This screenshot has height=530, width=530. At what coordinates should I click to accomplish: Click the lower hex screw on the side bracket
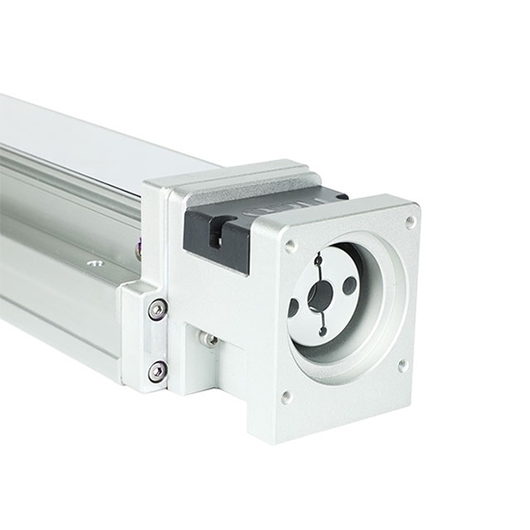157,370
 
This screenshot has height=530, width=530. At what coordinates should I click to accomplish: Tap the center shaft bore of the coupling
321,296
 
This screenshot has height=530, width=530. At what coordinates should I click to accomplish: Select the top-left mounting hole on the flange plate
290,246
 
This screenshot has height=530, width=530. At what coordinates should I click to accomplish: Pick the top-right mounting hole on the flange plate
410,221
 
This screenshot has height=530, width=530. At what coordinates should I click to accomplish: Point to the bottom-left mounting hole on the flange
286,395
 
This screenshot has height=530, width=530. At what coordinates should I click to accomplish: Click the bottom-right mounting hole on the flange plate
403,365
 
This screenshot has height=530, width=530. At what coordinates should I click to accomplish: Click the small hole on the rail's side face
93,262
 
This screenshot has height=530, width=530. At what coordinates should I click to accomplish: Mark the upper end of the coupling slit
318,258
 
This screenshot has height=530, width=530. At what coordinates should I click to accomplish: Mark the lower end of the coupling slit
322,331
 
